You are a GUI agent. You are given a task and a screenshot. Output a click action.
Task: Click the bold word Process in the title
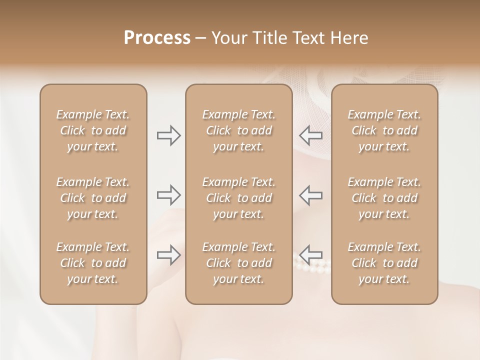[157, 38]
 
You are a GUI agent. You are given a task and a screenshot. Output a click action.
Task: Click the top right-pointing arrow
[168, 135]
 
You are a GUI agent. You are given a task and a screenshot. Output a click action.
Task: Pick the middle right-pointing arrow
[168, 194]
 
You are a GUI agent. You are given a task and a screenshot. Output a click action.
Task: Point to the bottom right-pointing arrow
[168, 255]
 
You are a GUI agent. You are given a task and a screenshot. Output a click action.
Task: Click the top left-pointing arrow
[311, 135]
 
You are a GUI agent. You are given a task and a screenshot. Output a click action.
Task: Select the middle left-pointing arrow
[311, 194]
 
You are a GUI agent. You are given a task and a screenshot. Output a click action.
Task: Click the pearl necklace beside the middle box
[312, 267]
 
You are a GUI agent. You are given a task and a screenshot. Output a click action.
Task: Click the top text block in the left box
[93, 130]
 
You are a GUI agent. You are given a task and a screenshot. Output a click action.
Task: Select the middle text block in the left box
[93, 198]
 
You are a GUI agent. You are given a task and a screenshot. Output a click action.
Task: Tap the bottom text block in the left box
[93, 263]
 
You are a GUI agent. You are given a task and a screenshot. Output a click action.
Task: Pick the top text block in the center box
[238, 130]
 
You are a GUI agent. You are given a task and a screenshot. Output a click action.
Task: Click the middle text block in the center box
[238, 198]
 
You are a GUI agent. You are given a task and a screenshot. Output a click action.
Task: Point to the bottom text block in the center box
[238, 263]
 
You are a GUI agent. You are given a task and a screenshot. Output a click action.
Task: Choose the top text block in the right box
[384, 130]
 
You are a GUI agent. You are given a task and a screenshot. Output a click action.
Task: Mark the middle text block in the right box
[384, 198]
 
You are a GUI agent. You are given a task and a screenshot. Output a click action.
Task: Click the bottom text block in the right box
[384, 263]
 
